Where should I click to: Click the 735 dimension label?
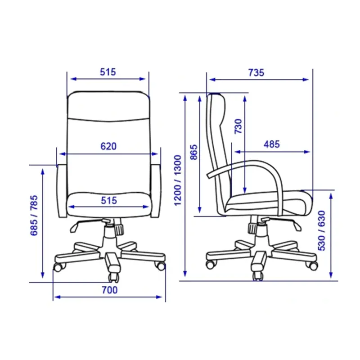coord(256,72)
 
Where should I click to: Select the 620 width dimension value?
coord(108,146)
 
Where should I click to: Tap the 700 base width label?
coord(109,290)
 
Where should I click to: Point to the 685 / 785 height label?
coord(34,216)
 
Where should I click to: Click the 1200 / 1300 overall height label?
coord(177,180)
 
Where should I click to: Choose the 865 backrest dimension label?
coord(194,152)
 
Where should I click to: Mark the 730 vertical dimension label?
coord(238,126)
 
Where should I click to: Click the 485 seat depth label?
coord(272,144)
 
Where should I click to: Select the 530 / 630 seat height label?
coord(321,230)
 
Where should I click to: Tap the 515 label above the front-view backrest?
coord(108,72)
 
